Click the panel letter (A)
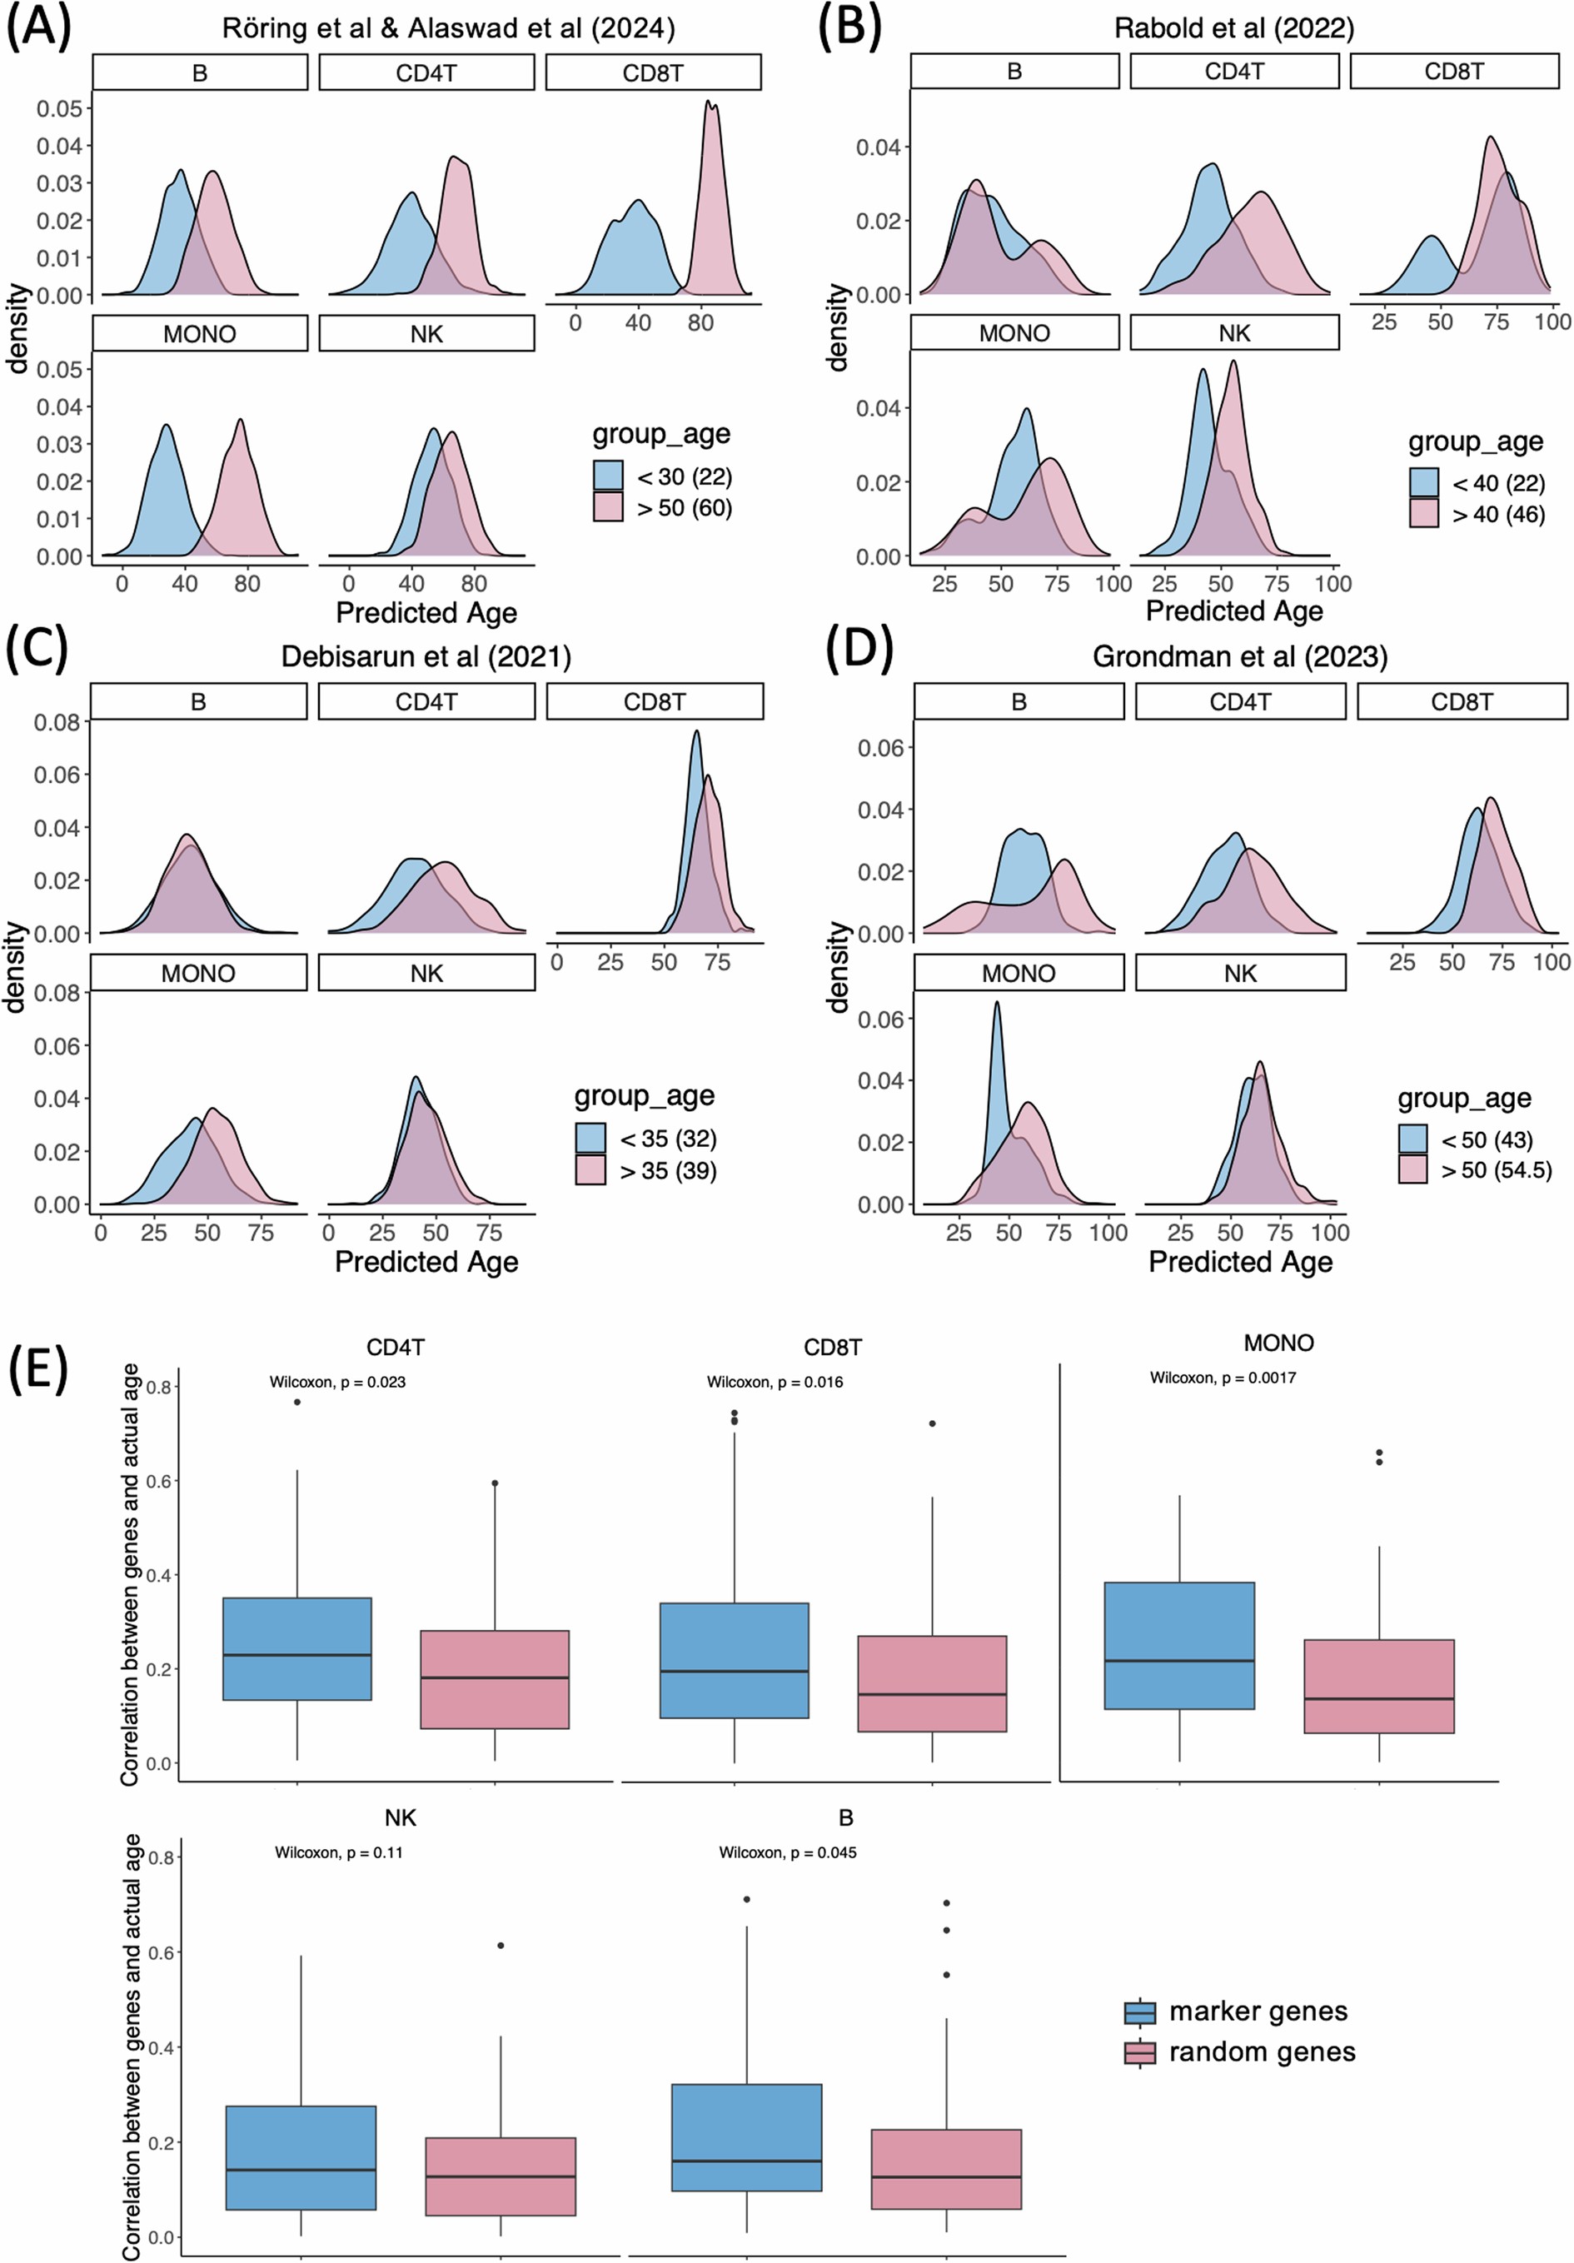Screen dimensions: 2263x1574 coord(38,27)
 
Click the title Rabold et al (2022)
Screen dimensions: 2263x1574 coord(1234,28)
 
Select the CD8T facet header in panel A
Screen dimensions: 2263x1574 coord(652,73)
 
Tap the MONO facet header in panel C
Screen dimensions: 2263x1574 coord(198,973)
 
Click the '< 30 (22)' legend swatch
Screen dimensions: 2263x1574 coord(608,476)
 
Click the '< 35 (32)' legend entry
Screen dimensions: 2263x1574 coord(645,1139)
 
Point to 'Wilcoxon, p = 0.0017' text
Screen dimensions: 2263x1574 coord(1223,1377)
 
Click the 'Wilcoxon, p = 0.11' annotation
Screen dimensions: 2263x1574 coord(338,1852)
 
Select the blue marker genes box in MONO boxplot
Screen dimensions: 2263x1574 coord(1178,1645)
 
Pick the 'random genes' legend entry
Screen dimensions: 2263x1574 coord(1240,2051)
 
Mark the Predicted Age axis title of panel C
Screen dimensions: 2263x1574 coord(426,1261)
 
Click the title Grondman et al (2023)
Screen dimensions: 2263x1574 coord(1239,656)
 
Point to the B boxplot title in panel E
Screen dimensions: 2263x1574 coord(844,1817)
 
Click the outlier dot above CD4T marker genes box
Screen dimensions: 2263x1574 coord(296,1402)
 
